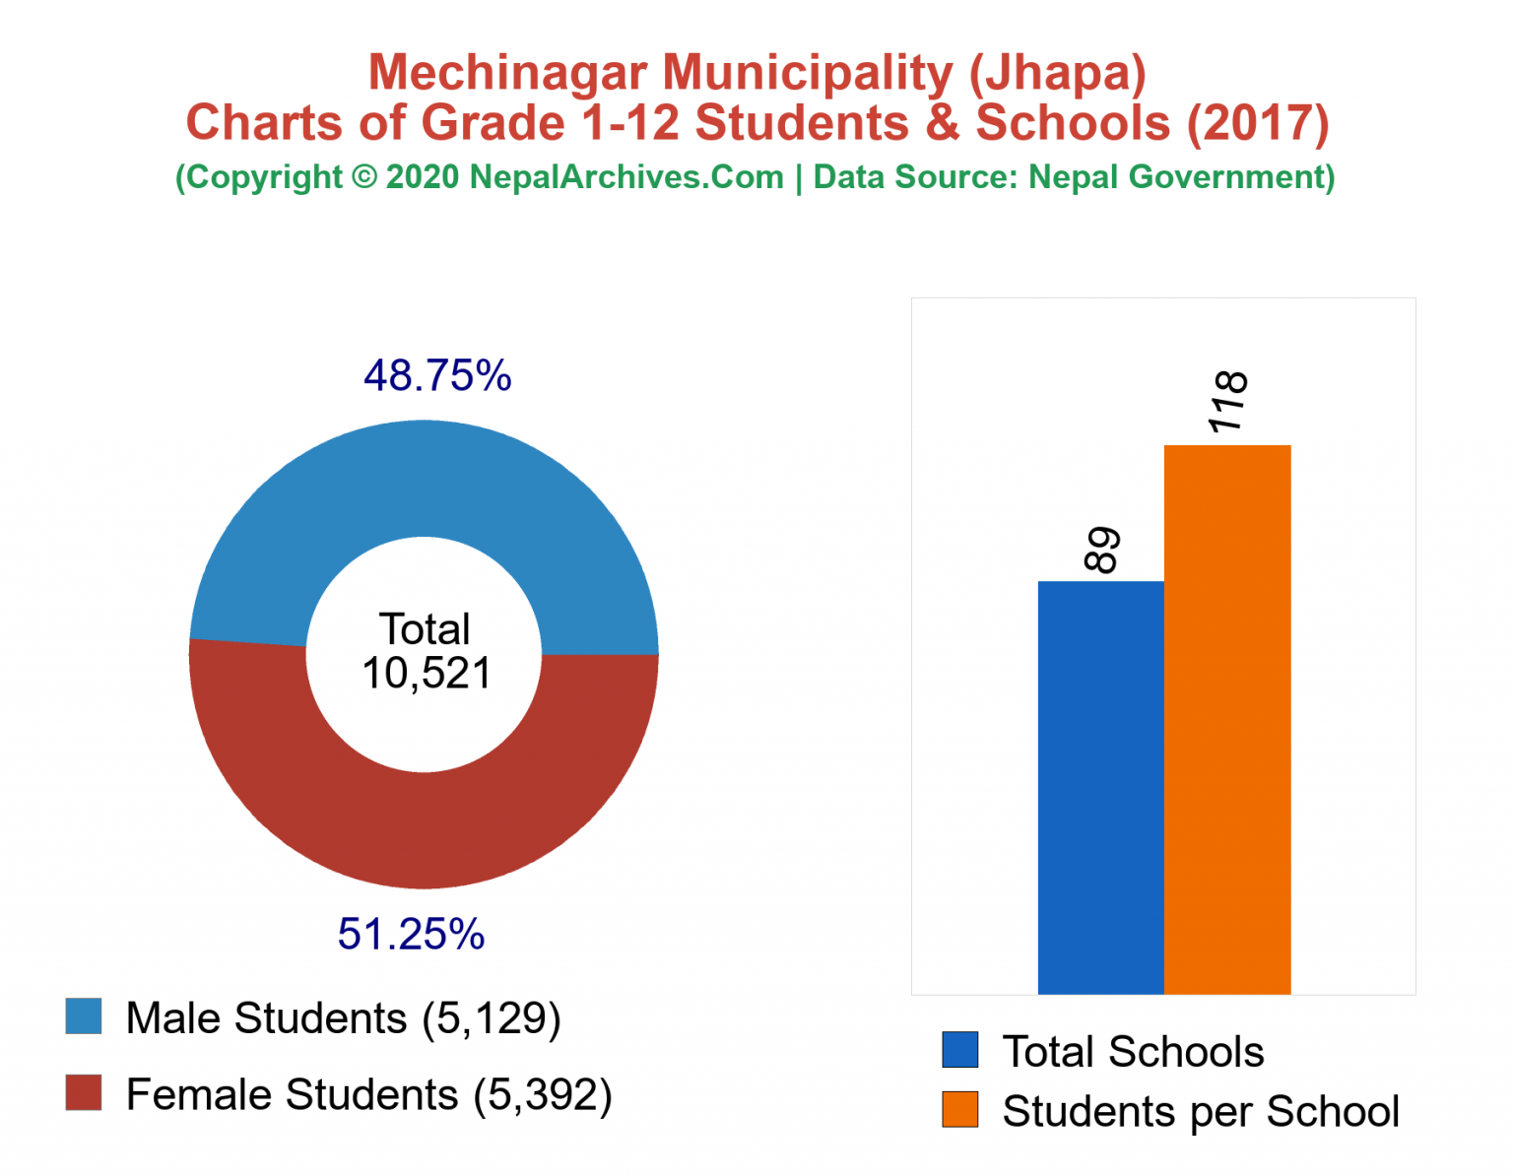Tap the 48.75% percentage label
click(x=437, y=375)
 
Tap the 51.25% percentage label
click(x=411, y=934)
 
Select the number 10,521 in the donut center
click(x=426, y=675)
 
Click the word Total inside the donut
click(x=426, y=629)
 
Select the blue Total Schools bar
click(x=1100, y=788)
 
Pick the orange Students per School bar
click(x=1227, y=719)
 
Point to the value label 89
click(x=1102, y=550)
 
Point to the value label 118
click(x=1228, y=402)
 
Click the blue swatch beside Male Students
click(x=84, y=1016)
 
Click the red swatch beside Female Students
click(x=84, y=1092)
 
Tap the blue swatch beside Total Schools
click(x=959, y=1050)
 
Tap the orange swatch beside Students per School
click(x=959, y=1109)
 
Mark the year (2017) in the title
click(x=1258, y=123)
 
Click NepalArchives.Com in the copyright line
click(x=626, y=177)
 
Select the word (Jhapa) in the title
click(x=1057, y=73)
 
